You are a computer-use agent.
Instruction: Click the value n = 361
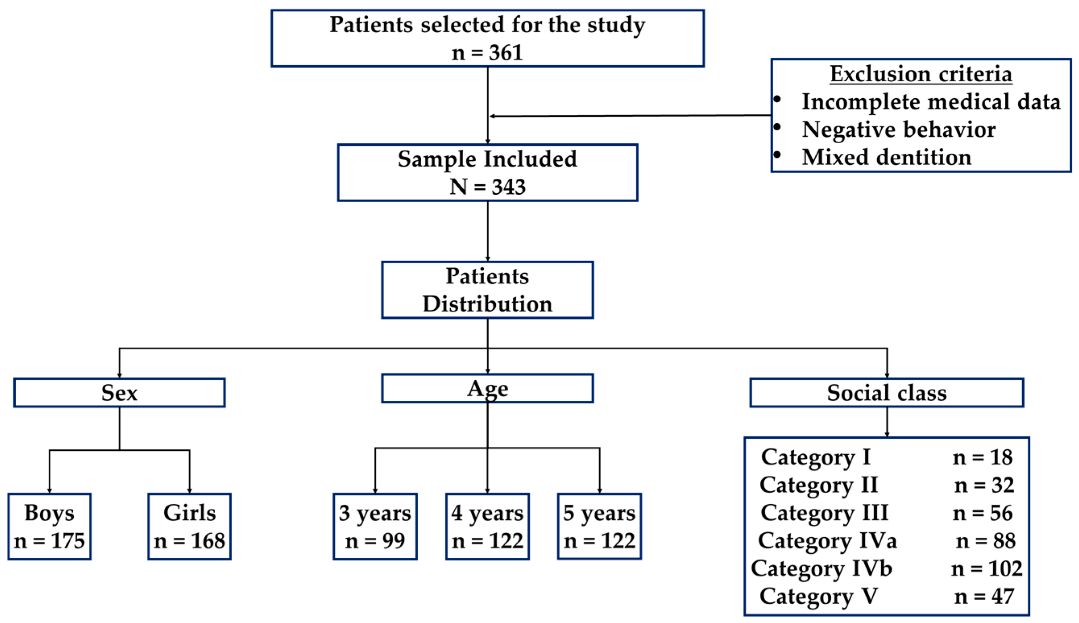point(487,53)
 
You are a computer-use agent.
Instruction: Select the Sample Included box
point(487,172)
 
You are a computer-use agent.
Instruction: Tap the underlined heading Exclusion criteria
point(921,74)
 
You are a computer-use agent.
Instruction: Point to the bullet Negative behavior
point(898,129)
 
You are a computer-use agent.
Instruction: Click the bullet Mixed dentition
point(886,157)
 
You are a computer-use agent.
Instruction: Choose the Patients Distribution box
point(487,290)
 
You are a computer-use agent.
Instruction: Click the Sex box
point(120,392)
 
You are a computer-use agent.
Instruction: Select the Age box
point(487,388)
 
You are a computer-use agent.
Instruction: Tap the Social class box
point(886,392)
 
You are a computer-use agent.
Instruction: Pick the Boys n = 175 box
point(49,526)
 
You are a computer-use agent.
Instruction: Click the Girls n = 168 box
point(189,526)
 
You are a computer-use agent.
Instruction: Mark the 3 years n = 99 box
point(375,526)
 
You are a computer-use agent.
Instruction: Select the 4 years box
point(487,526)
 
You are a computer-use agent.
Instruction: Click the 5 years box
point(599,526)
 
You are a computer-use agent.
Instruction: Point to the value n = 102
point(986,569)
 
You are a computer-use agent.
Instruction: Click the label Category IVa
point(827,541)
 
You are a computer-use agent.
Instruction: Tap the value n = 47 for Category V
point(984,596)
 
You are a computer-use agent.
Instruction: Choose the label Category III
point(824,513)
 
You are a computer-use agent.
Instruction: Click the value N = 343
point(487,187)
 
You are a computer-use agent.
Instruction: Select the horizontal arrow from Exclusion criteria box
point(630,116)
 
